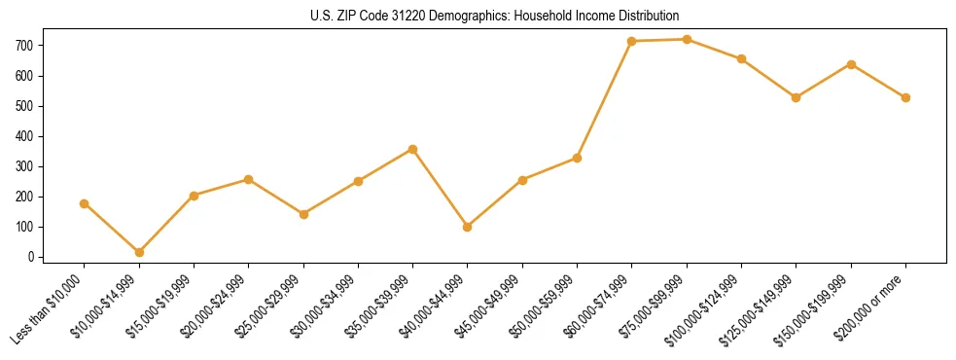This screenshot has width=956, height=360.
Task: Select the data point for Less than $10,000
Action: (85, 203)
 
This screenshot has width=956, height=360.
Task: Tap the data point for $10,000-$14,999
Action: (139, 252)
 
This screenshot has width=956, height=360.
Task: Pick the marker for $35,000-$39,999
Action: (413, 149)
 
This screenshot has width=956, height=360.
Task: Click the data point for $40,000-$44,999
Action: (468, 227)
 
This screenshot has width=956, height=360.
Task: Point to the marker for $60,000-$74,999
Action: (632, 41)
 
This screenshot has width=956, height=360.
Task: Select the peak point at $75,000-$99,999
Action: (687, 39)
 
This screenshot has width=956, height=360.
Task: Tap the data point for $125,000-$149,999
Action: (797, 97)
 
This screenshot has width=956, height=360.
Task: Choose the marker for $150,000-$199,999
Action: (851, 64)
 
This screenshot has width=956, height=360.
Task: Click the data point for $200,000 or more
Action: (905, 97)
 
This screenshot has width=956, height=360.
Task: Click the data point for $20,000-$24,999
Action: (249, 179)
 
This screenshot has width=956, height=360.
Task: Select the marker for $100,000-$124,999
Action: (741, 58)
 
